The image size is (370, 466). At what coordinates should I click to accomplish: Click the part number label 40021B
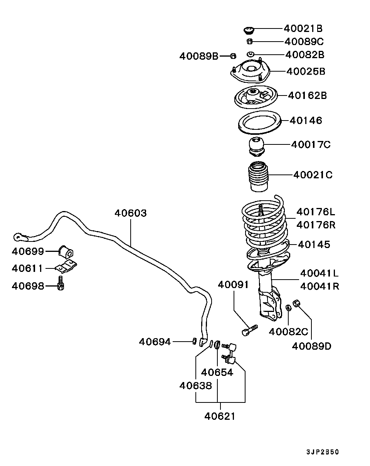tap(303, 28)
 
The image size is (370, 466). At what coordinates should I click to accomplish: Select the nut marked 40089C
tap(249, 41)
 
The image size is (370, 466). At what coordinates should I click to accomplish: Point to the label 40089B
tap(198, 56)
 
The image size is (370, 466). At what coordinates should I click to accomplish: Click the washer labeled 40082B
tap(250, 54)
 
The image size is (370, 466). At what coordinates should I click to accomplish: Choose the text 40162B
tap(307, 95)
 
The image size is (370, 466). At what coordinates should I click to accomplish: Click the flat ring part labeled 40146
tap(257, 122)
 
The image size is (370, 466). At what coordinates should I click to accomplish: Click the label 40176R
tap(316, 225)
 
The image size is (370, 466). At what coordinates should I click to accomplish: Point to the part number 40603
tap(130, 213)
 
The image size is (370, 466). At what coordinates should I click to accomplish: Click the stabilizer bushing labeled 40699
tap(66, 251)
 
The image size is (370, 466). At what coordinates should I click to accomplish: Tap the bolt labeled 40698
tap(61, 284)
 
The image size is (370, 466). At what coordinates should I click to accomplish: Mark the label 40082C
tap(288, 331)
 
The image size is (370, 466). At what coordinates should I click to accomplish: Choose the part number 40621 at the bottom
tap(220, 416)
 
